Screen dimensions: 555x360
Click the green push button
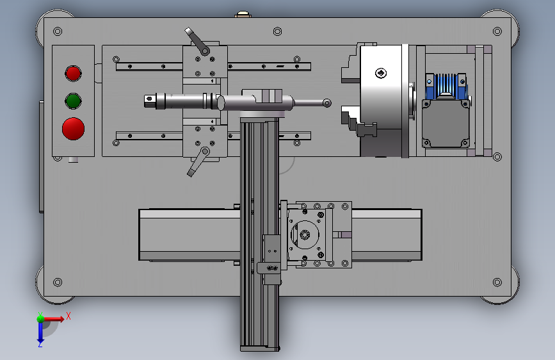73,101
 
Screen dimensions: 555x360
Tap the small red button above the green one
73,74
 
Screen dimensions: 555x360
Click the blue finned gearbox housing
446,86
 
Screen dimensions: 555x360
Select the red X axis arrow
54,319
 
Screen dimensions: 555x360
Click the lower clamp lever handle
198,162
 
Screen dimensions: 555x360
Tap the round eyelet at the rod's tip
327,103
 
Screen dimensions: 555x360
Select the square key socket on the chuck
381,73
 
